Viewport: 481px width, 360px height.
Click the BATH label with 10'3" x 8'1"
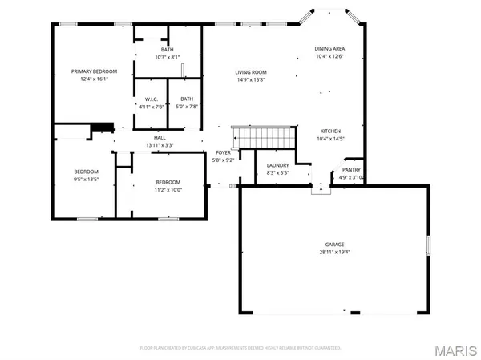pyautogui.click(x=167, y=50)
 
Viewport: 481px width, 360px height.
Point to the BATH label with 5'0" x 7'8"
pyautogui.click(x=187, y=99)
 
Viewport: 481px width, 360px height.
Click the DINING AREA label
pyautogui.click(x=329, y=49)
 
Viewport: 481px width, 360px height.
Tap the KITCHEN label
pyautogui.click(x=331, y=131)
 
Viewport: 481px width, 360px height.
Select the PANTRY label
pyautogui.click(x=351, y=169)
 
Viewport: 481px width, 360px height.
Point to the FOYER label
pyautogui.click(x=222, y=152)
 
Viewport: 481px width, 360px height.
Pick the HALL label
pyautogui.click(x=160, y=138)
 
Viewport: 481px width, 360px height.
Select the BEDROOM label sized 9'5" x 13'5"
pyautogui.click(x=86, y=172)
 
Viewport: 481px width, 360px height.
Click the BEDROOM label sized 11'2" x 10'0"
pyautogui.click(x=168, y=182)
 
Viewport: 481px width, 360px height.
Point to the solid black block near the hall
pyautogui.click(x=102, y=127)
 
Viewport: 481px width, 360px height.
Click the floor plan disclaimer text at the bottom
pyautogui.click(x=240, y=348)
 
